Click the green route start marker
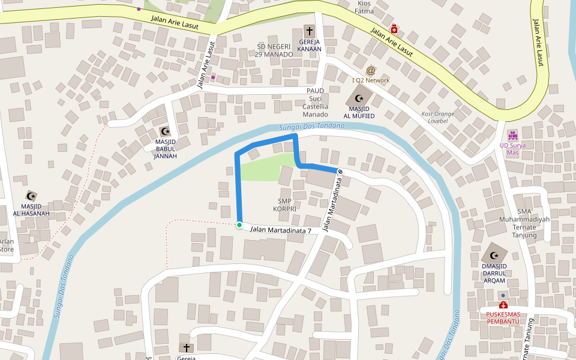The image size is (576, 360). click(x=239, y=225)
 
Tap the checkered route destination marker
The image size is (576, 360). click(x=340, y=172)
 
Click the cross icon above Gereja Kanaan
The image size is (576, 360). click(x=310, y=31)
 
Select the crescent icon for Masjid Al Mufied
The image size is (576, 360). click(x=359, y=98)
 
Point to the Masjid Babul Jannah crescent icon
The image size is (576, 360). click(x=165, y=131)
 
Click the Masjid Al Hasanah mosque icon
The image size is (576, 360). click(x=31, y=196)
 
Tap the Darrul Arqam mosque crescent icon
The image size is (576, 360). click(x=494, y=256)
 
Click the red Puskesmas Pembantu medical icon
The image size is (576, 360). click(x=503, y=305)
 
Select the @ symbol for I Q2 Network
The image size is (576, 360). click(x=371, y=71)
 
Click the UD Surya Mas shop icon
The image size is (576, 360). click(x=512, y=135)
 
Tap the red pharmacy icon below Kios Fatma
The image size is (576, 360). click(x=394, y=29)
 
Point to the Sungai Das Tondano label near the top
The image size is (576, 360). click(x=312, y=127)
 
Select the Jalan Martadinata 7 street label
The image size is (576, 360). click(x=280, y=230)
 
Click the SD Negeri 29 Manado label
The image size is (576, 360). click(x=275, y=50)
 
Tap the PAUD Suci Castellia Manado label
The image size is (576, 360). click(x=316, y=102)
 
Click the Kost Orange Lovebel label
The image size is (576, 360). click(x=437, y=117)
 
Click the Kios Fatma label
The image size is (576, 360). click(x=364, y=7)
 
